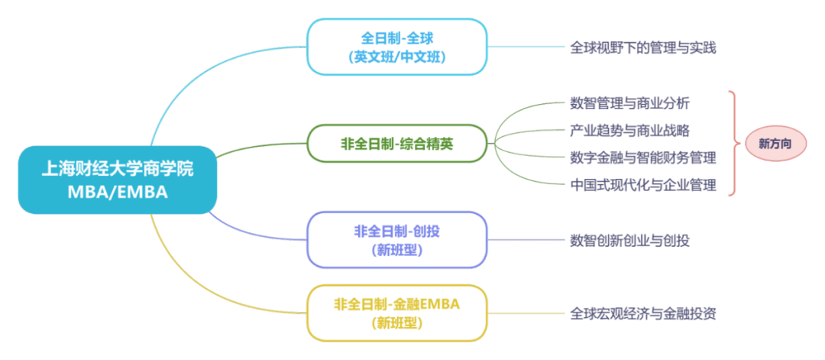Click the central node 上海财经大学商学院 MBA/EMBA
(118, 180)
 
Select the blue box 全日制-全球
(397, 47)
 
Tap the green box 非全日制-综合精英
(397, 144)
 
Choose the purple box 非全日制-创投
(397, 240)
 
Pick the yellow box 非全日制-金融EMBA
(397, 313)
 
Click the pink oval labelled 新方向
(775, 144)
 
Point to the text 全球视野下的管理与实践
(643, 48)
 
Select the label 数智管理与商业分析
(629, 103)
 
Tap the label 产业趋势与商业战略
(629, 130)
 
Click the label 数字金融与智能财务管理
(643, 157)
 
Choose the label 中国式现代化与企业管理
(643, 185)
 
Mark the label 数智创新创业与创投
(629, 241)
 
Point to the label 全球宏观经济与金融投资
(643, 313)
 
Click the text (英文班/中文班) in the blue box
(397, 57)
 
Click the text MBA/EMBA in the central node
(118, 192)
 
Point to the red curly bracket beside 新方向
(733, 144)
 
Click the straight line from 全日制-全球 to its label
(526, 47)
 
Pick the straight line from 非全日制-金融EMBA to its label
(526, 313)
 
